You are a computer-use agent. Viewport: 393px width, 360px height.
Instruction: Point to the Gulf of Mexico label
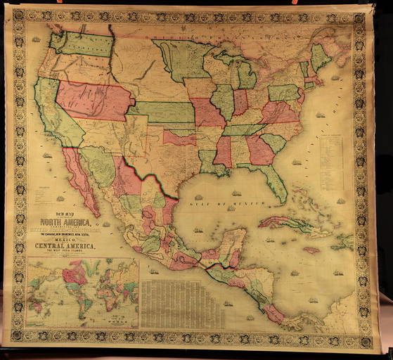click(x=212, y=201)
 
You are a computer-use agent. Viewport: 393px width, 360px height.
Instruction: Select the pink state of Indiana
click(x=240, y=102)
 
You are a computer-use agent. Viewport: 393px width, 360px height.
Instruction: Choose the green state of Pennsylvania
click(x=283, y=92)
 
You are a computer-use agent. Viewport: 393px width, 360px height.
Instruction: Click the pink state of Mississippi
click(x=223, y=150)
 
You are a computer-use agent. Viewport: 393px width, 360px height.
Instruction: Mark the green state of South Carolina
click(x=273, y=143)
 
